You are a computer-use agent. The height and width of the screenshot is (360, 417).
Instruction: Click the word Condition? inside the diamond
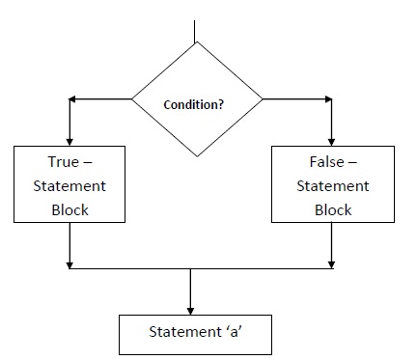tap(196, 103)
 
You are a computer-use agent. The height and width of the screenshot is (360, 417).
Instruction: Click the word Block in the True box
tap(69, 209)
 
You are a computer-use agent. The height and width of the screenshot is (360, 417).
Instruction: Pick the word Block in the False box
tap(332, 209)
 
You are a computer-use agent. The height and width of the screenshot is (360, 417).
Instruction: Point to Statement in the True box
tap(69, 185)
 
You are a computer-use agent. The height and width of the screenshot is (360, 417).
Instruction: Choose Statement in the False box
tap(332, 185)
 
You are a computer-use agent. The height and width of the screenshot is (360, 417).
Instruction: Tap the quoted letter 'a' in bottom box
tap(234, 333)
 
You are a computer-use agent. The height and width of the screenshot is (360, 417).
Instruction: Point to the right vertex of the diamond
tap(263, 99)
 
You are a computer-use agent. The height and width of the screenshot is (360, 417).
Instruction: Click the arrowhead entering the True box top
tap(69, 140)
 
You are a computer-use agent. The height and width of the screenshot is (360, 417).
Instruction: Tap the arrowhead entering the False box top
tap(332, 140)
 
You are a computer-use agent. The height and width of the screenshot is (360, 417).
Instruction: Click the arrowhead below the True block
tap(69, 263)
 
